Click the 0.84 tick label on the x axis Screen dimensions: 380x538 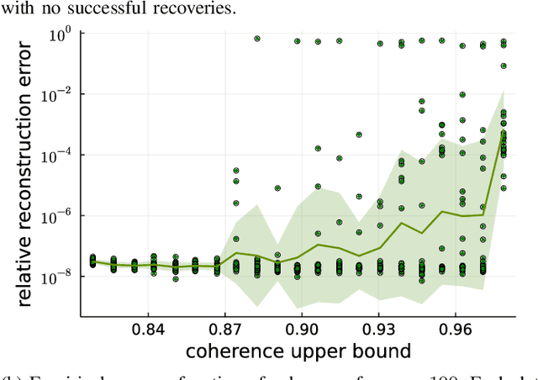click(147, 327)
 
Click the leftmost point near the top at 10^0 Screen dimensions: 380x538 click(257, 39)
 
